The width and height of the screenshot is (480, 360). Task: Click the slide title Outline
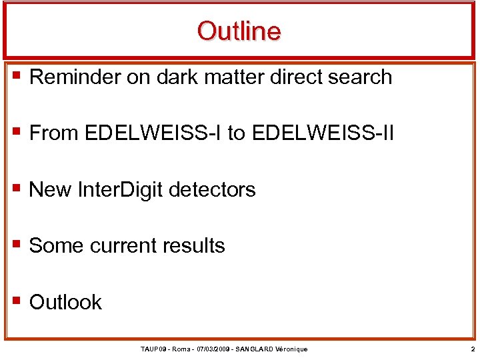click(x=239, y=31)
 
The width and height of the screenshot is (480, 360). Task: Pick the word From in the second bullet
click(x=54, y=133)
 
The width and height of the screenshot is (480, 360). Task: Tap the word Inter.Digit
click(x=121, y=190)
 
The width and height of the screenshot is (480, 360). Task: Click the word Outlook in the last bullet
click(x=66, y=302)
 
